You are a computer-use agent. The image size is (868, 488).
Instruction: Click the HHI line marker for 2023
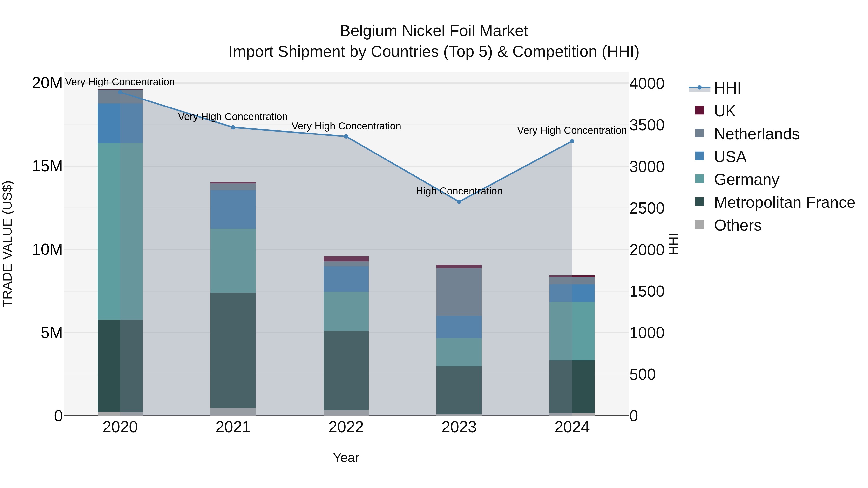click(x=459, y=202)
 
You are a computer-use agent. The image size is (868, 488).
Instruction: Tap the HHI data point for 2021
click(x=233, y=127)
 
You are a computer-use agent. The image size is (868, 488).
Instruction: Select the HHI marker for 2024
click(x=572, y=141)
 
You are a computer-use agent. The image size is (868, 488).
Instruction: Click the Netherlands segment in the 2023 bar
click(x=459, y=292)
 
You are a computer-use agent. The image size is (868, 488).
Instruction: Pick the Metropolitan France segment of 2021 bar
click(x=233, y=350)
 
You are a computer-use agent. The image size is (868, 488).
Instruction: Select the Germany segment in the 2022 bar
click(x=346, y=311)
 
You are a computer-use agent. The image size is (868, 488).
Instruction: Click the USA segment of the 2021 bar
click(x=233, y=209)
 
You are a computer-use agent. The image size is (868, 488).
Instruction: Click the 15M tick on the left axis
click(x=47, y=166)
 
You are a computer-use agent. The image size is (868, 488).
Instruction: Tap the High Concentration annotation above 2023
click(x=459, y=191)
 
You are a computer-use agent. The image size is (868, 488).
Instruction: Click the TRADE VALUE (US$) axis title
click(x=7, y=244)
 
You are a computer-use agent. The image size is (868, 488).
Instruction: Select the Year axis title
click(x=346, y=458)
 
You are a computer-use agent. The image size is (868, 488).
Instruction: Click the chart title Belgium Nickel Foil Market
click(x=434, y=31)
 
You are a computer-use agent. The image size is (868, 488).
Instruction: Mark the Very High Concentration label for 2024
click(x=572, y=130)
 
